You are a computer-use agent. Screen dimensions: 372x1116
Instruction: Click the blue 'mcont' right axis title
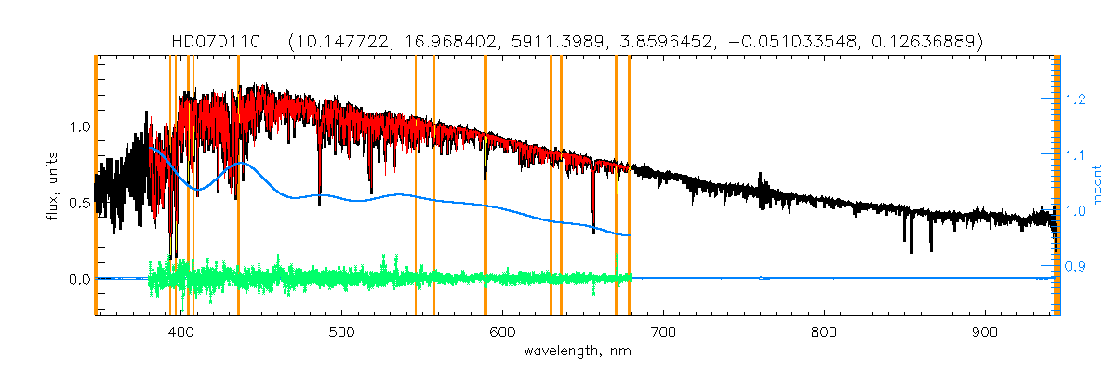point(1097,187)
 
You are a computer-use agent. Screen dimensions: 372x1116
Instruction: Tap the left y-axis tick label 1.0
point(76,126)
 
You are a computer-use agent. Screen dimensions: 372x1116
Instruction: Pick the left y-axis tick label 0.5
point(76,203)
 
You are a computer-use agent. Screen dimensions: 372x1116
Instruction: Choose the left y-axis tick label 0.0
point(76,279)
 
